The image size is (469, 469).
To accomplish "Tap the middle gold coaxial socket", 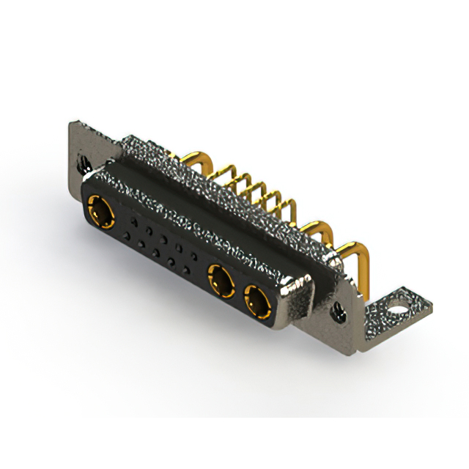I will point(220,279).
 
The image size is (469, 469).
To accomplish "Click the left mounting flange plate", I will point(78,150).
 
